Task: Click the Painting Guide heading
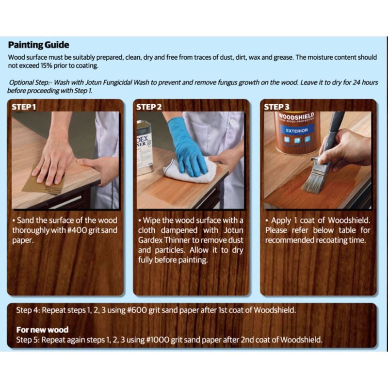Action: click(39, 45)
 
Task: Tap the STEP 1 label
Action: click(24, 107)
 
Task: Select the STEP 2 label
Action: click(149, 107)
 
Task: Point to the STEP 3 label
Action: click(276, 107)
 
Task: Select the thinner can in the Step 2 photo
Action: click(145, 148)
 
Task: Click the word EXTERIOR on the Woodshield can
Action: click(297, 130)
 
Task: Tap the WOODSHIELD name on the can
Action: click(296, 116)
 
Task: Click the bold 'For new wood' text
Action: click(42, 330)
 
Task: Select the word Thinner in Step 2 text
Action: click(178, 240)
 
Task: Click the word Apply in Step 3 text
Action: click(281, 221)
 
